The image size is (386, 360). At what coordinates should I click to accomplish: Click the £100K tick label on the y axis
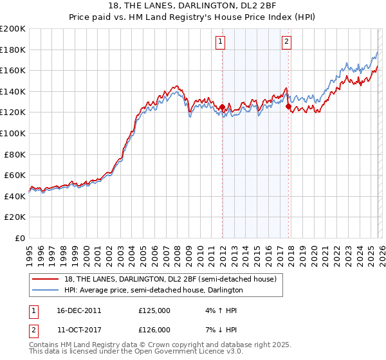pos(13,133)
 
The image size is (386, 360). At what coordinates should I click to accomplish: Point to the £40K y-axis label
pos(15,196)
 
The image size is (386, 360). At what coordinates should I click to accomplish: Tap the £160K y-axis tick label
pos(13,70)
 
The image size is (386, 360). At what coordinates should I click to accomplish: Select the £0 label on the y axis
pos(19,238)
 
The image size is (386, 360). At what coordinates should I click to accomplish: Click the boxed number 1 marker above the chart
pos(220,42)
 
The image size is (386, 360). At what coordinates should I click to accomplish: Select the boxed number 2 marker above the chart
pos(286,42)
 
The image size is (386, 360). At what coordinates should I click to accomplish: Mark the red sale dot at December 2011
pos(223,107)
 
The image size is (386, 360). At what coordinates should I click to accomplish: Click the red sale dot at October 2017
pos(288,107)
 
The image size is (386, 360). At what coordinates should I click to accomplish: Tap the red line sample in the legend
pos(46,278)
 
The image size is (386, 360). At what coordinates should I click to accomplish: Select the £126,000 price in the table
pos(154,329)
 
